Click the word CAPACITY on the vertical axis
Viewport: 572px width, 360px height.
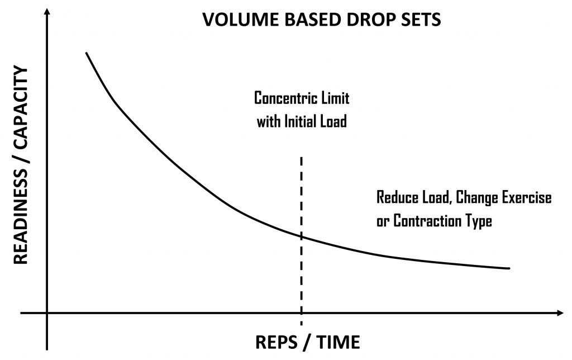point(21,108)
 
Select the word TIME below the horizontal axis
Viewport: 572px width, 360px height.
point(338,343)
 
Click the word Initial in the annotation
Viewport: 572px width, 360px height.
point(300,121)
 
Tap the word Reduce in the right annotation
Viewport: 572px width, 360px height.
point(397,197)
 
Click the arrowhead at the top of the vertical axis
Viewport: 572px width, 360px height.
point(47,11)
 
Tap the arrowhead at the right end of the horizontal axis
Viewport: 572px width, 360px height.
point(560,313)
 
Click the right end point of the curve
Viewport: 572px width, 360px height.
point(508,268)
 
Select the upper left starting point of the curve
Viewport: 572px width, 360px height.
point(86,53)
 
